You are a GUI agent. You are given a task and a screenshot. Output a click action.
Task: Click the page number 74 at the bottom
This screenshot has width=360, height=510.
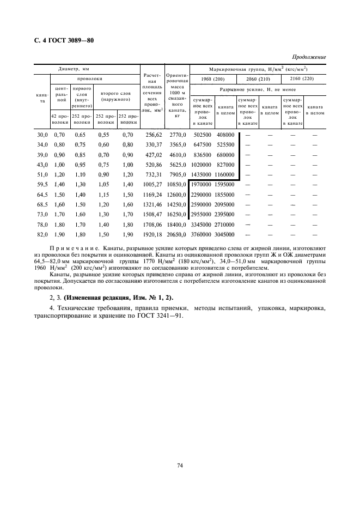pyautogui.click(x=179, y=465)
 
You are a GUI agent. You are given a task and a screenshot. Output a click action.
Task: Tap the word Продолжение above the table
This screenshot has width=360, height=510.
pyautogui.click(x=309, y=57)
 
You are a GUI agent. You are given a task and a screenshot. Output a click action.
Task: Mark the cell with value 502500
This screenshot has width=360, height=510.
pyautogui.click(x=202, y=135)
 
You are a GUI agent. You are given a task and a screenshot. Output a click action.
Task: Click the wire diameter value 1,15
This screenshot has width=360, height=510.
pyautogui.click(x=104, y=194)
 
